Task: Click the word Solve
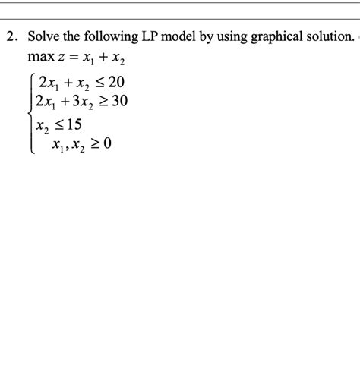pos(44,36)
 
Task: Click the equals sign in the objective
pos(71,58)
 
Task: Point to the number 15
pos(73,122)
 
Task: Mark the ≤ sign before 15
pos(55,122)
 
